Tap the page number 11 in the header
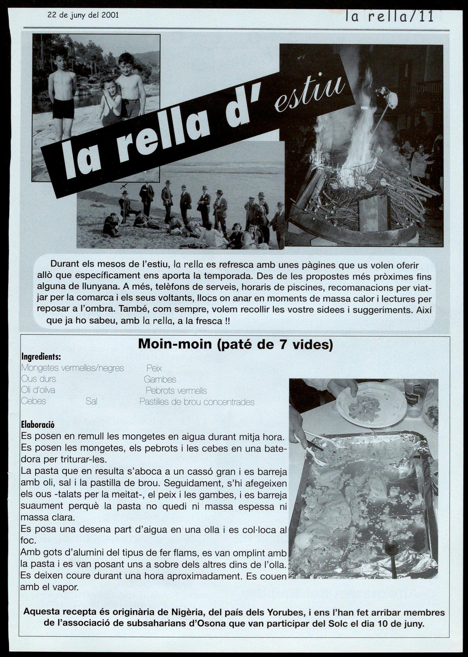[426, 16]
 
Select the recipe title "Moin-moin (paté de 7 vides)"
[235, 345]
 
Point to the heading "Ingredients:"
[41, 357]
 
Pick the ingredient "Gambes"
[160, 379]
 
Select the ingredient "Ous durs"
[39, 379]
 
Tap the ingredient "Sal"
[91, 401]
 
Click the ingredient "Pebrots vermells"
[176, 390]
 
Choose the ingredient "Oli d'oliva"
[38, 390]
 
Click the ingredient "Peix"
[154, 368]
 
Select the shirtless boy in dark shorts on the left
[63, 92]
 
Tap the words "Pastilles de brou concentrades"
[197, 402]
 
